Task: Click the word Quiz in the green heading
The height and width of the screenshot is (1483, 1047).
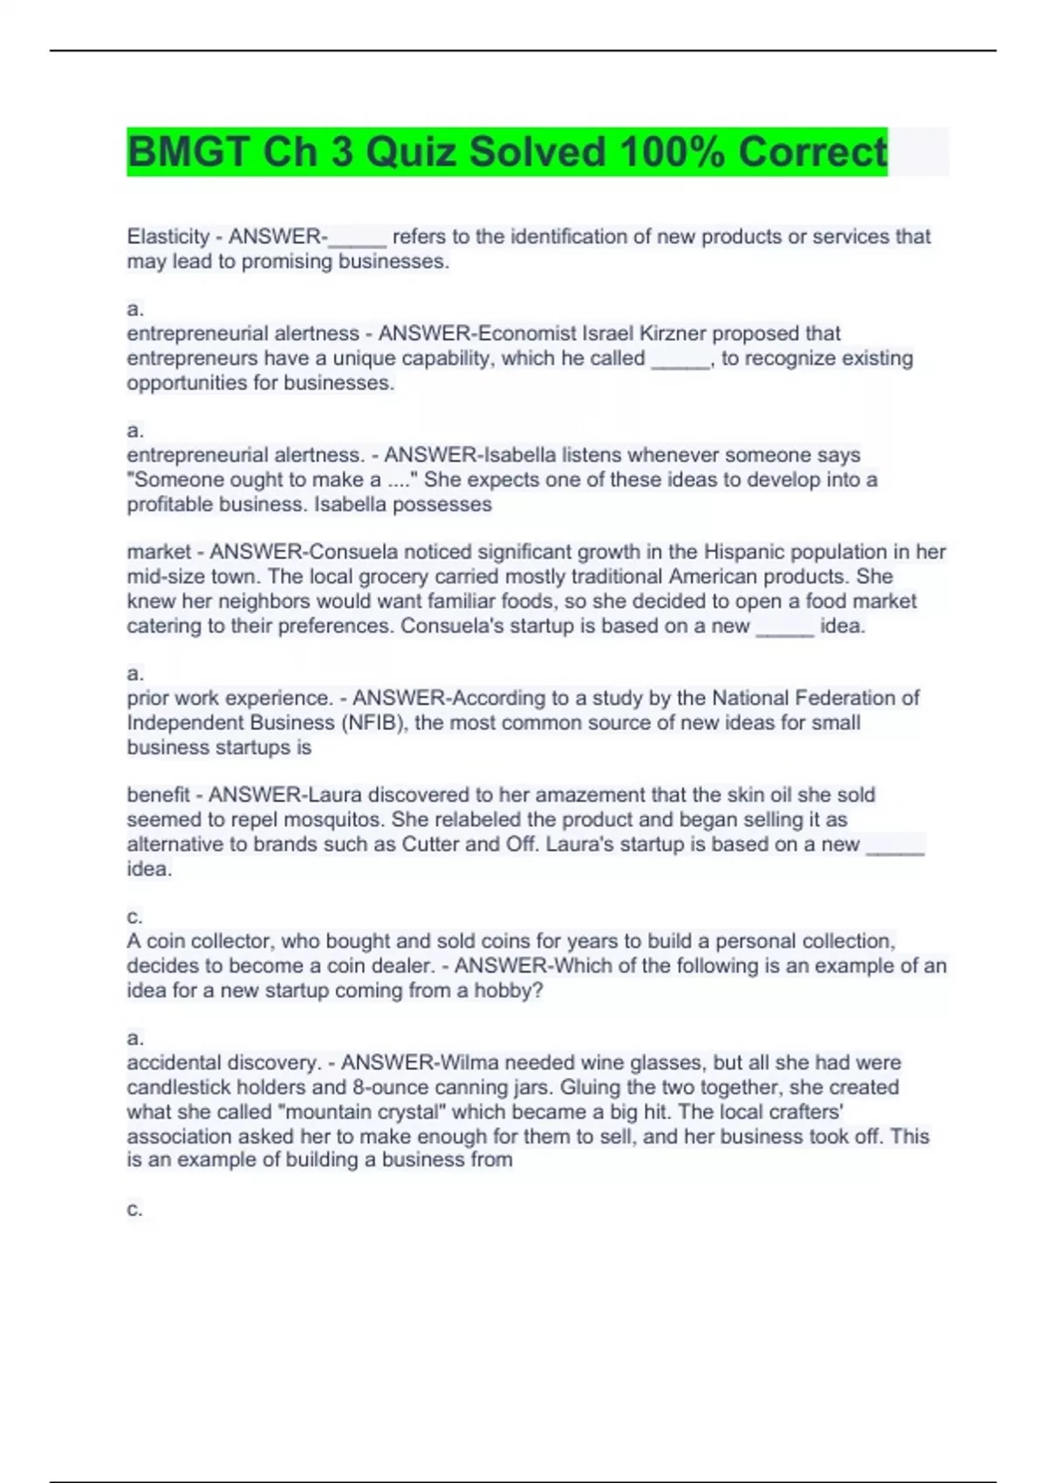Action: [x=412, y=153]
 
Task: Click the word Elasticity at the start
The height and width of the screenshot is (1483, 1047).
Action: [x=168, y=236]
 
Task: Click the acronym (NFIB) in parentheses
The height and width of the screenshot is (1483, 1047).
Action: [x=373, y=722]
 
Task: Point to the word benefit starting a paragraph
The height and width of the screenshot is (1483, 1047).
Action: [x=158, y=795]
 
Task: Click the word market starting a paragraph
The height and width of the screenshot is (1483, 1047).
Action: [x=159, y=551]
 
